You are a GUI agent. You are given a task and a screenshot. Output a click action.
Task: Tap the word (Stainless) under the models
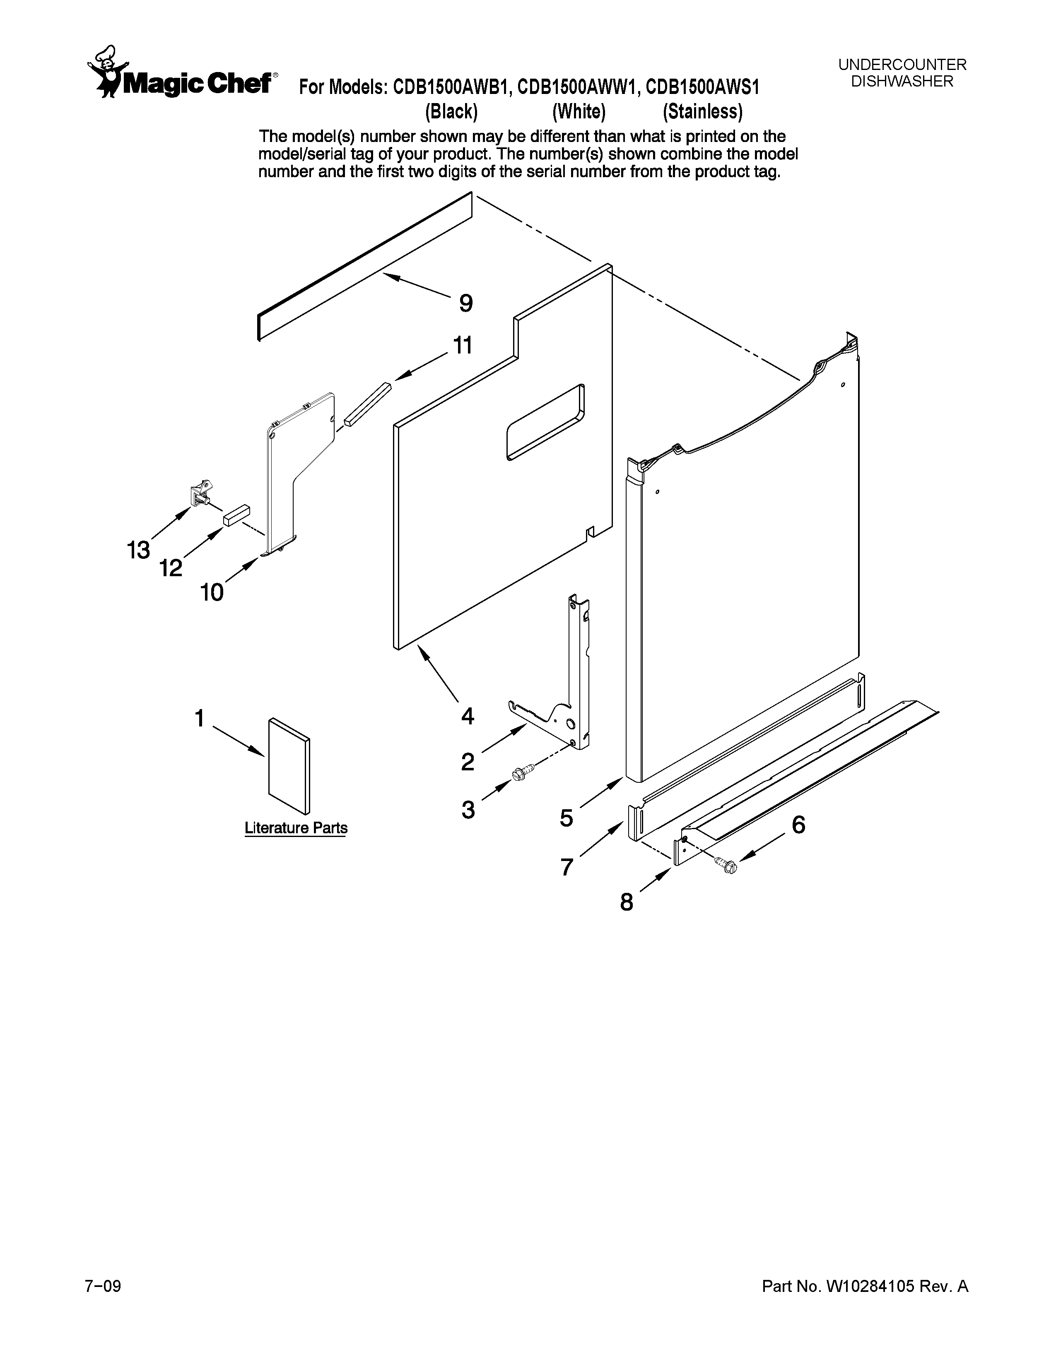pyautogui.click(x=702, y=112)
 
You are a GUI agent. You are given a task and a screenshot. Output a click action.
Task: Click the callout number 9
pyautogui.click(x=466, y=304)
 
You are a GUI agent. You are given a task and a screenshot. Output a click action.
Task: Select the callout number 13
pyautogui.click(x=138, y=551)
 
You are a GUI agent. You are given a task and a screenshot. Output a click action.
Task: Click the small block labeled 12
pyautogui.click(x=236, y=514)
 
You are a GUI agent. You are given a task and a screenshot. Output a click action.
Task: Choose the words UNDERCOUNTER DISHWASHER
pyautogui.click(x=902, y=72)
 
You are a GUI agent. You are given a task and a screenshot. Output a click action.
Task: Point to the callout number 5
pyautogui.click(x=566, y=818)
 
